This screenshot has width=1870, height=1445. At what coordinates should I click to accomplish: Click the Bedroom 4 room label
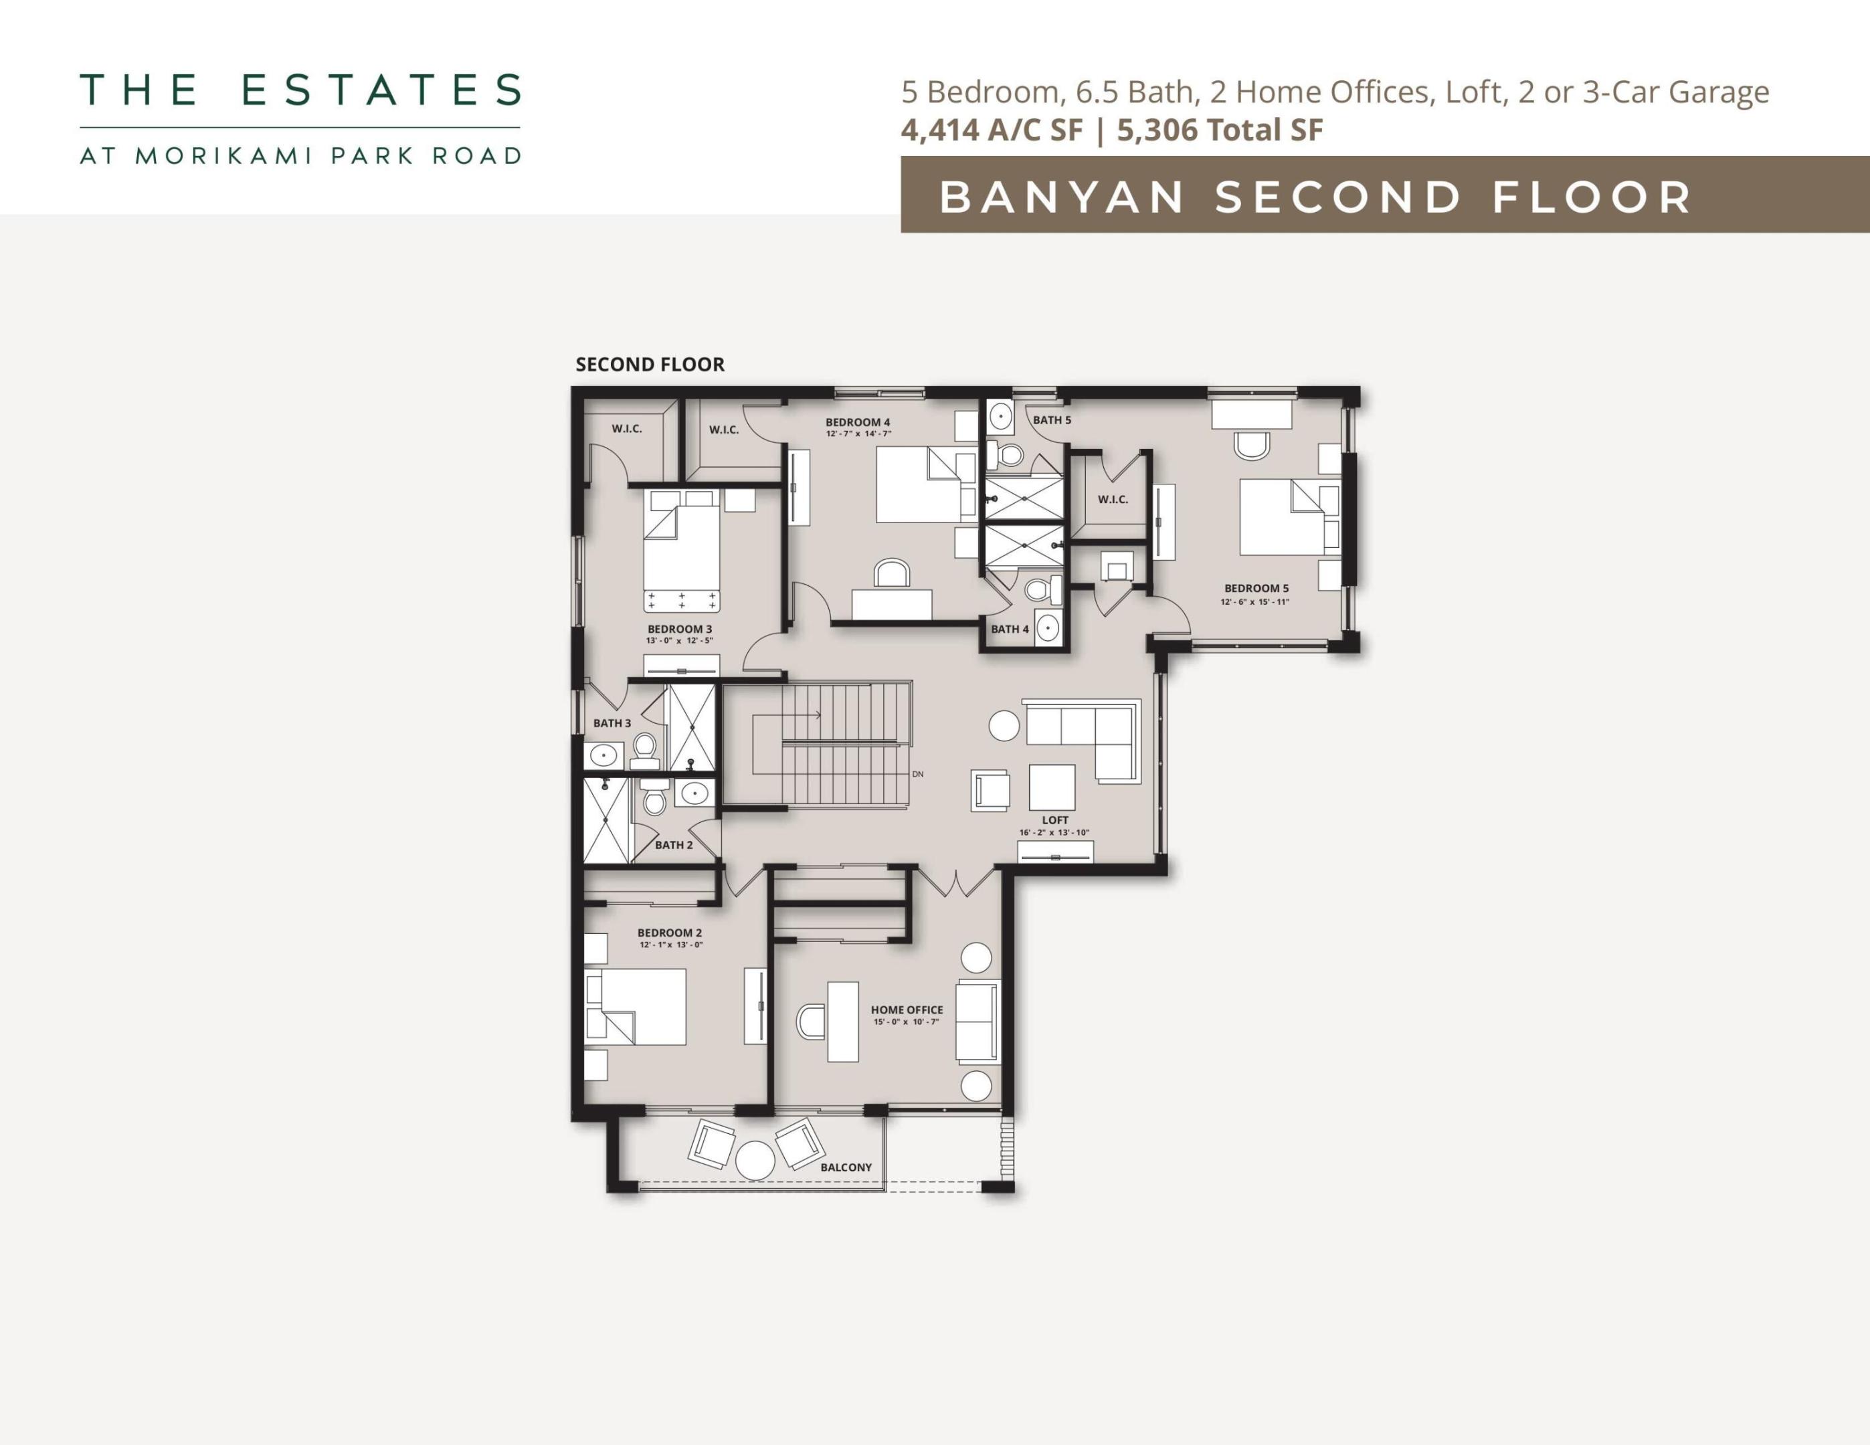(857, 422)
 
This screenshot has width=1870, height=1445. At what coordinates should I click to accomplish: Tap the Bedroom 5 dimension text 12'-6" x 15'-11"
(1254, 602)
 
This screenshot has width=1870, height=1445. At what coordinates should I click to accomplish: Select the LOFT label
(1055, 820)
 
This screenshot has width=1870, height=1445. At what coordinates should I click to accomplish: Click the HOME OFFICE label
(907, 1010)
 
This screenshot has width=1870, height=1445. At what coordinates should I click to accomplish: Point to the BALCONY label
(846, 1167)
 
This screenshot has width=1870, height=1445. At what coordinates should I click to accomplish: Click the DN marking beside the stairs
(918, 774)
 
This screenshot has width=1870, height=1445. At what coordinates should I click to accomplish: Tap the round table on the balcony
(755, 1161)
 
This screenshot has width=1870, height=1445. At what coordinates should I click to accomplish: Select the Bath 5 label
(1052, 420)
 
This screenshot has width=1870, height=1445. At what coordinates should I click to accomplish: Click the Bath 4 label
(1010, 630)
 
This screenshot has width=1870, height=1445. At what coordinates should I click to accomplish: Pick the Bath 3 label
(612, 723)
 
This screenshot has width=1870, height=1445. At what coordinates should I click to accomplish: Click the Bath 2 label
(674, 845)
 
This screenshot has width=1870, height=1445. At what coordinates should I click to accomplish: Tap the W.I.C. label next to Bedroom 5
(1113, 500)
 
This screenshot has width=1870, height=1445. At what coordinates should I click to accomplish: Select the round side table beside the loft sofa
(1004, 726)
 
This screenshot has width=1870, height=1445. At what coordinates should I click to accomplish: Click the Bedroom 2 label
(670, 933)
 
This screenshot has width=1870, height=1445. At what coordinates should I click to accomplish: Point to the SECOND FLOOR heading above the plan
(650, 365)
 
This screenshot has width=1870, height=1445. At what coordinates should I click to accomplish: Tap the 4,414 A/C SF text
(992, 130)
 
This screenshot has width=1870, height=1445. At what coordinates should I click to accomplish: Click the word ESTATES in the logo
(382, 90)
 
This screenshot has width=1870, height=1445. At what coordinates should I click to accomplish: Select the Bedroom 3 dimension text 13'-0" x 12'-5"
(679, 640)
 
